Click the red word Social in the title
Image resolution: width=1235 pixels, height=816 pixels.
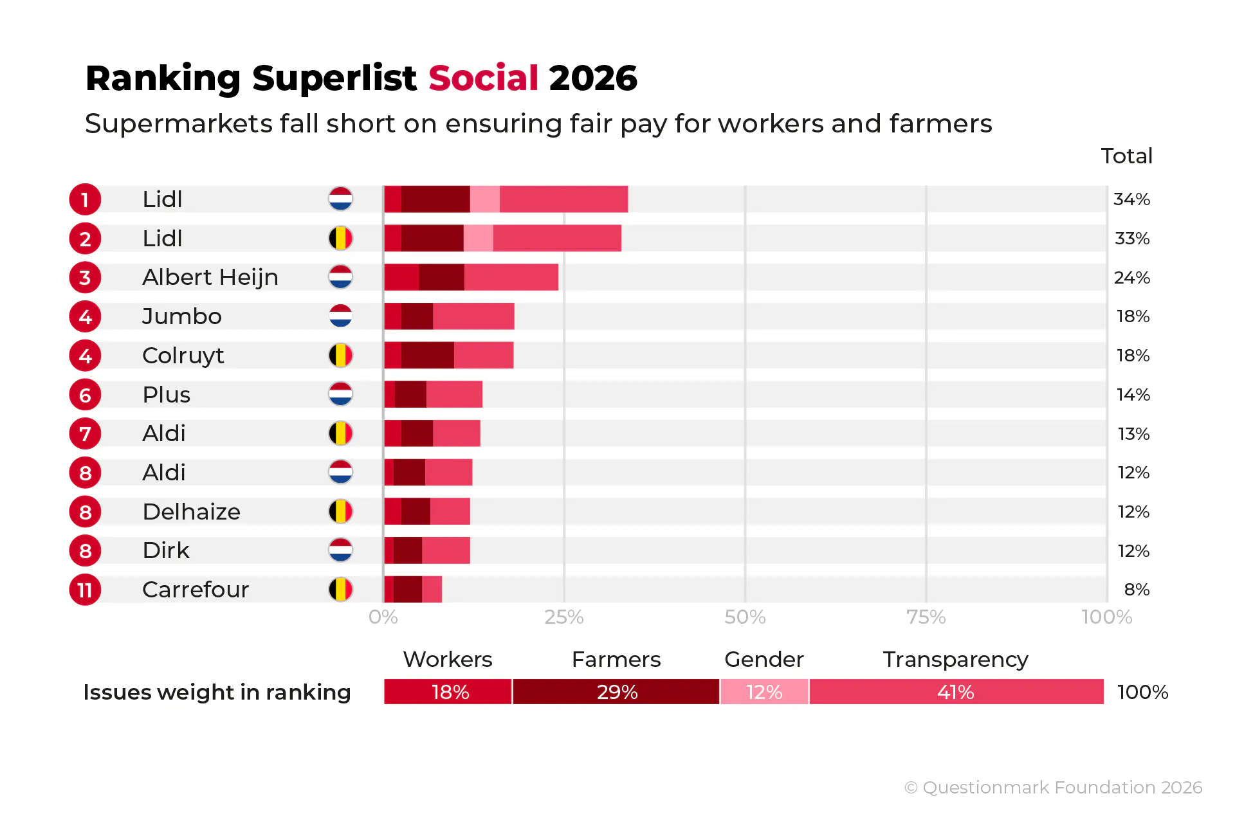tap(483, 78)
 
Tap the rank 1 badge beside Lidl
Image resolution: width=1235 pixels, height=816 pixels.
tap(85, 199)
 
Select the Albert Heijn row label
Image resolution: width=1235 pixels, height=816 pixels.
tap(210, 277)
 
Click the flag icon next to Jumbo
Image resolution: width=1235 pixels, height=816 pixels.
tap(340, 316)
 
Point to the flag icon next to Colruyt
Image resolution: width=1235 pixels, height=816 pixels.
tap(340, 356)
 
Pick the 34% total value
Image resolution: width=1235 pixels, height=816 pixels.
tap(1131, 199)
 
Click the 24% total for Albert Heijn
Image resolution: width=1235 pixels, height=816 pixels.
tap(1131, 278)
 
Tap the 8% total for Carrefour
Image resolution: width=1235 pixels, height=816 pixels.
tap(1137, 590)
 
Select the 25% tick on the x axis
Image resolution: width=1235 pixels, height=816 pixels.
tap(563, 617)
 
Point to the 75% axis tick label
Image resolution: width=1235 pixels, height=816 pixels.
tap(926, 617)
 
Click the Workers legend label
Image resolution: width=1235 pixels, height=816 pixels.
tap(447, 660)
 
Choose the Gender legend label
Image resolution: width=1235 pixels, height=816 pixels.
tap(764, 660)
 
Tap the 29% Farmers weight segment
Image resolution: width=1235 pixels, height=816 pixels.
tap(616, 692)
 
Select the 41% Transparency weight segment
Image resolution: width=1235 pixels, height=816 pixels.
tap(956, 692)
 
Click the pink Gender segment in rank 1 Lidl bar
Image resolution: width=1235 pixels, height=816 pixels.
tap(484, 199)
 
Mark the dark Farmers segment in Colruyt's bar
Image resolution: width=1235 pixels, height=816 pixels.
tap(427, 356)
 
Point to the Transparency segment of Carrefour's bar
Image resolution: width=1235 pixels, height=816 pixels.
tap(432, 590)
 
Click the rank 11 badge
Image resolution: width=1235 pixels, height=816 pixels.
tap(85, 590)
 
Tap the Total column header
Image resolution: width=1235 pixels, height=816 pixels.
tap(1126, 156)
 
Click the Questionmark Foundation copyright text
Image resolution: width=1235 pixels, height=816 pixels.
tap(1053, 788)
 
